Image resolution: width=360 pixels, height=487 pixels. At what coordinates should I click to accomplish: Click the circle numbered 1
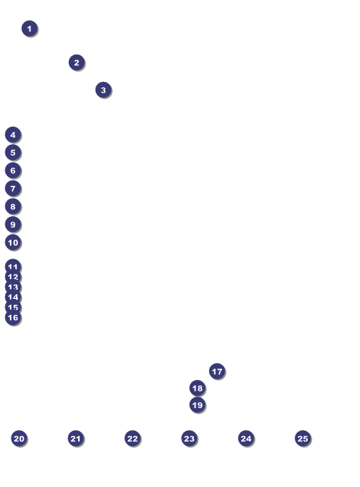click(30, 29)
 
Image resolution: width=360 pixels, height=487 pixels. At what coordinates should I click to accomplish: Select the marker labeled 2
click(77, 62)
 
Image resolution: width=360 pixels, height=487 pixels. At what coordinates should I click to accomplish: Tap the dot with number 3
click(103, 90)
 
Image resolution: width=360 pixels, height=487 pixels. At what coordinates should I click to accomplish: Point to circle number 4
click(13, 135)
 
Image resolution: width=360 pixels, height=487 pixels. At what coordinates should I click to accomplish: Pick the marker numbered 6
click(13, 171)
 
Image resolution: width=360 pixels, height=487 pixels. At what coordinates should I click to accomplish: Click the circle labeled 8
click(13, 206)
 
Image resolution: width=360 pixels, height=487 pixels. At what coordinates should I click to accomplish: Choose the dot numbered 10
click(13, 242)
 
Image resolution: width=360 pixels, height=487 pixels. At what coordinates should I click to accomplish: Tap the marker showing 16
click(13, 317)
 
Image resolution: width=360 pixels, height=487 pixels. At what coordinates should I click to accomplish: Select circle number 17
click(217, 371)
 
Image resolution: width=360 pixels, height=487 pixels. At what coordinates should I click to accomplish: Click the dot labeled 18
click(197, 388)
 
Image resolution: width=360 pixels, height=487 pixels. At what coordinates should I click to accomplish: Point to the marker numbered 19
click(197, 405)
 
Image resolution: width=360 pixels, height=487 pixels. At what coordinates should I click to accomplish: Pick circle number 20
click(19, 438)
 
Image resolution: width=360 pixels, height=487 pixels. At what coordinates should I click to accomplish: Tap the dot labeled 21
click(76, 438)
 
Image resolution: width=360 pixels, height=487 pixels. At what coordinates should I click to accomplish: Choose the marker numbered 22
click(133, 438)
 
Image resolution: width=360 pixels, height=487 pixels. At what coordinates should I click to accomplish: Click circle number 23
click(189, 438)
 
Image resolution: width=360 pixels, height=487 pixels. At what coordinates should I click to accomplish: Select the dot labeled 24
click(246, 438)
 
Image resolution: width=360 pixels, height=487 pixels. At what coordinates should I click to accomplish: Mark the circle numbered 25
click(303, 438)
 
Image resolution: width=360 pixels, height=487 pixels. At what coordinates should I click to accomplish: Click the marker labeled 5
click(13, 152)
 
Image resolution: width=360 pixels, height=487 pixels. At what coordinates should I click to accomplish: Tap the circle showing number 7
click(13, 189)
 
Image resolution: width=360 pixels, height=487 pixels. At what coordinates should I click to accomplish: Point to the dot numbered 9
click(13, 225)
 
